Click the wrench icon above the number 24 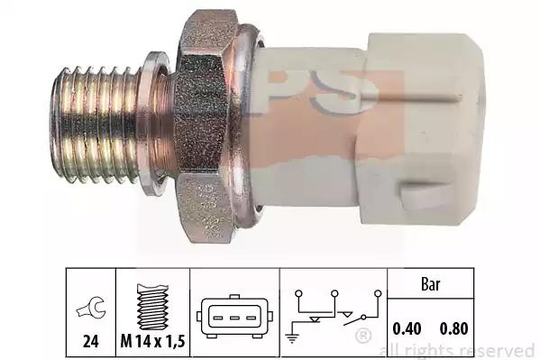tap(91, 308)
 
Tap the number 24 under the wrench tap(91, 341)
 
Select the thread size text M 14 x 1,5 tap(153, 341)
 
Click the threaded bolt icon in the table tap(152, 307)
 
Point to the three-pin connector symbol tap(234, 317)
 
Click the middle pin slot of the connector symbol tap(234, 318)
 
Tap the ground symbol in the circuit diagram tap(292, 339)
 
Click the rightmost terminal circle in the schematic tap(378, 294)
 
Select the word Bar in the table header tap(431, 284)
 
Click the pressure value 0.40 tap(407, 328)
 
